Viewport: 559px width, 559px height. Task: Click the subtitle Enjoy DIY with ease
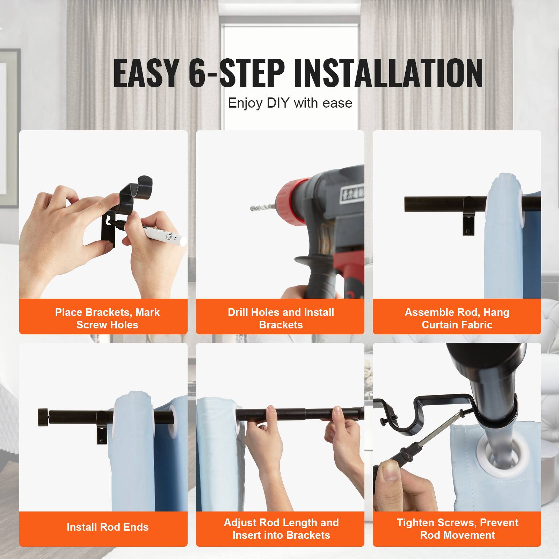290,103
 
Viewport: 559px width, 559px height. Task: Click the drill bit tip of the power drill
253,209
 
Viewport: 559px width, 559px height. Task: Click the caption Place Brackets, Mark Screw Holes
107,318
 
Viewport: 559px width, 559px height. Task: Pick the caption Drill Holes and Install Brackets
281,318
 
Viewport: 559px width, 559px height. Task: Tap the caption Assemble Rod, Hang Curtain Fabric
457,318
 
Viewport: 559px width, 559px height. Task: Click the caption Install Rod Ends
108,527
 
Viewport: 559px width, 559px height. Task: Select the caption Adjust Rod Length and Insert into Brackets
281,529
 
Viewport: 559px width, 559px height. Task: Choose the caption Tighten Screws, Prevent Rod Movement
457,529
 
